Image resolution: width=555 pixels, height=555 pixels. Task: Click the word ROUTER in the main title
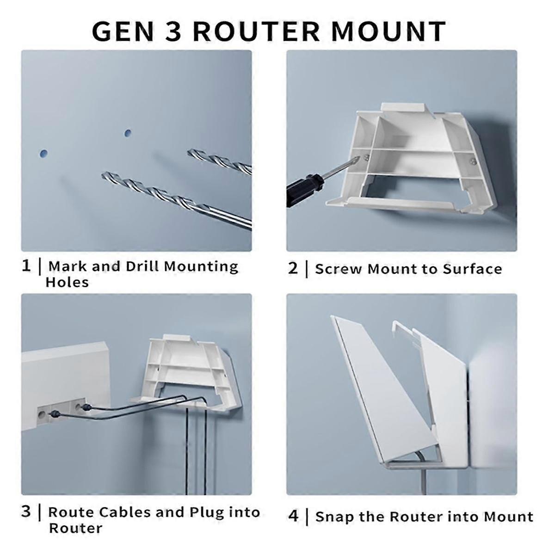point(255,31)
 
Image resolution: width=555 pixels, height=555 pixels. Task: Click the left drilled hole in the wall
point(43,152)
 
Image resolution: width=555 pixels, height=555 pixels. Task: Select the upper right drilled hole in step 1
point(128,133)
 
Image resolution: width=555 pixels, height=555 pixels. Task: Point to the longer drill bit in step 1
point(176,199)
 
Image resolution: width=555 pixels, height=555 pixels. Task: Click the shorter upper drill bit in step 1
point(220,160)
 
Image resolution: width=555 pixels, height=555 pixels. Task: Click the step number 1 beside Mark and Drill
point(26,266)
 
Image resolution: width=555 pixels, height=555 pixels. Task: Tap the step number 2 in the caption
point(293,268)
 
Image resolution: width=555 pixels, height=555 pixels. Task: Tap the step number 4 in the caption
point(293,516)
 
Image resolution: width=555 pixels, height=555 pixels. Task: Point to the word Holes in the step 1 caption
point(67,282)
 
